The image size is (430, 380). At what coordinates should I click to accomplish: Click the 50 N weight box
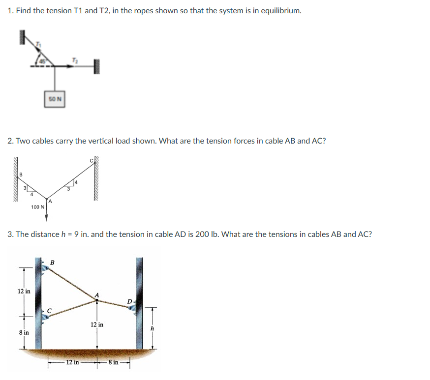pyautogui.click(x=56, y=98)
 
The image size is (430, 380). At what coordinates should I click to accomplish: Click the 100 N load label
pyautogui.click(x=37, y=207)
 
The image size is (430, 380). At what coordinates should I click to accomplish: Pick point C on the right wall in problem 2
pyautogui.click(x=91, y=160)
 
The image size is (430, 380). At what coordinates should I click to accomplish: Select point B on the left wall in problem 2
pyautogui.click(x=20, y=174)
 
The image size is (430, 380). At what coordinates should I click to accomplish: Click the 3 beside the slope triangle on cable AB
pyautogui.click(x=26, y=187)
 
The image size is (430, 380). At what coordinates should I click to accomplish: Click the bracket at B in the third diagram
pyautogui.click(x=45, y=266)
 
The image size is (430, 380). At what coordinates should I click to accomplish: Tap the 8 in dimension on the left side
pyautogui.click(x=23, y=333)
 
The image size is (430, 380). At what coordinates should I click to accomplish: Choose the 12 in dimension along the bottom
pyautogui.click(x=72, y=362)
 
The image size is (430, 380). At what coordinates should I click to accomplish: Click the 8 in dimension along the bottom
pyautogui.click(x=113, y=362)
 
